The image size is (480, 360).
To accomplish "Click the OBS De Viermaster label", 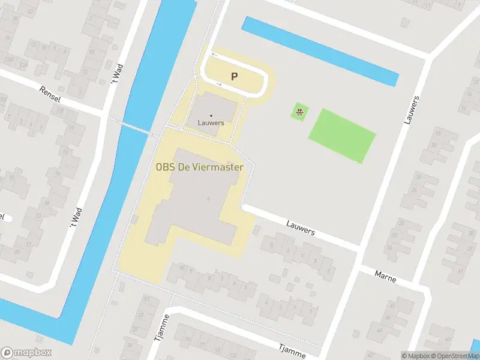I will pyautogui.click(x=199, y=167).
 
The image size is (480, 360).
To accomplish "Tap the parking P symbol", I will pyautogui.click(x=235, y=76).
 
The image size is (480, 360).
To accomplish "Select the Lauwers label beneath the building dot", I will pyautogui.click(x=211, y=123).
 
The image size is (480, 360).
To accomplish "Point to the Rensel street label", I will pyautogui.click(x=50, y=93).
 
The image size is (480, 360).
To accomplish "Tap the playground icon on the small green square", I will pyautogui.click(x=299, y=111).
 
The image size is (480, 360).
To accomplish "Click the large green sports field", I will pyautogui.click(x=341, y=135).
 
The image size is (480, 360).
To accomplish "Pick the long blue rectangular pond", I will pyautogui.click(x=320, y=50).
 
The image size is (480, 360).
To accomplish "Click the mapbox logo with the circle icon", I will pyautogui.click(x=26, y=353).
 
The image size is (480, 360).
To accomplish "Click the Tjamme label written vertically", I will pyautogui.click(x=160, y=327).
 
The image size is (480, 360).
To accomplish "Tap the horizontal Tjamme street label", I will pyautogui.click(x=292, y=348).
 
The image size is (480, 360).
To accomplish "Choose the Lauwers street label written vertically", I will pyautogui.click(x=412, y=110).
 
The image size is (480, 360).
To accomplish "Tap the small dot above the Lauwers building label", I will pyautogui.click(x=211, y=115).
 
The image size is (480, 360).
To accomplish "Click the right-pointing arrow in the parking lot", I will pyautogui.click(x=219, y=85).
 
